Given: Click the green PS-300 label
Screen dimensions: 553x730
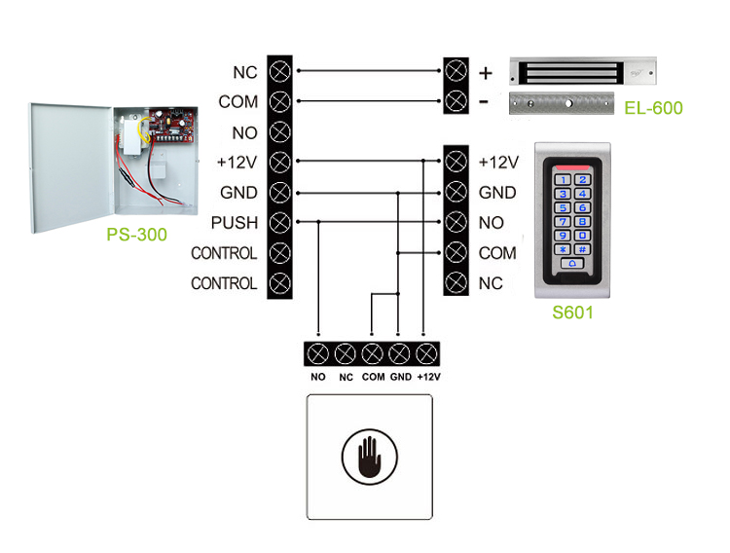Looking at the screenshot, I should tap(137, 235).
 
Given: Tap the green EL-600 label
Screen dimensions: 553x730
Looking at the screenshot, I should tap(653, 108).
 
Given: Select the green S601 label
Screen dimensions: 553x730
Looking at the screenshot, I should tap(572, 313).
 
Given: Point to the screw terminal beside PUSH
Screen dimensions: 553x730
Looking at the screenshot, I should tap(279, 223).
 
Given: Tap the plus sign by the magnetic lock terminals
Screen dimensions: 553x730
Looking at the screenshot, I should tap(486, 73).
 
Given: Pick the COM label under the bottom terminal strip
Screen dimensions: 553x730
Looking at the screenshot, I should tap(372, 377).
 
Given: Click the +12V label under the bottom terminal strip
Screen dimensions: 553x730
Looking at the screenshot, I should tap(428, 377).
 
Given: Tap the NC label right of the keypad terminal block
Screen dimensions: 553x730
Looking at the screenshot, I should tap(491, 283).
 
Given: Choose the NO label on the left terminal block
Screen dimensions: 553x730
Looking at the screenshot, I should tap(244, 131).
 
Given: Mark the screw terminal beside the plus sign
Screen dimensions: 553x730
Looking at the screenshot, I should tap(455, 71).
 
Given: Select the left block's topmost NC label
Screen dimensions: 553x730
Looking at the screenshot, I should tap(244, 72).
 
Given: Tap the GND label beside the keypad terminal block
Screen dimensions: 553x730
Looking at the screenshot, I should tap(497, 193).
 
